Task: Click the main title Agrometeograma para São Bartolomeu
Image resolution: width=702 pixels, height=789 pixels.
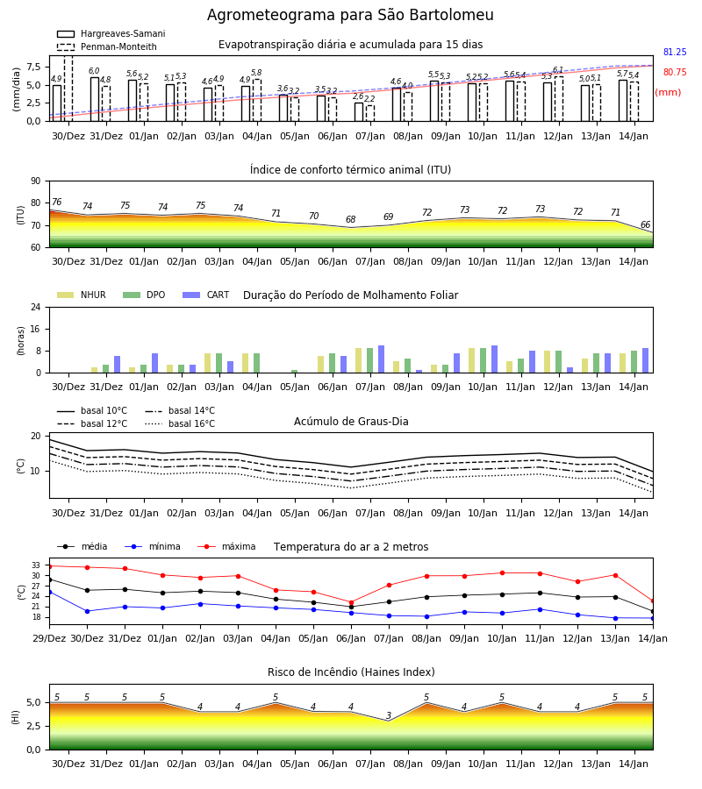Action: [x=350, y=15]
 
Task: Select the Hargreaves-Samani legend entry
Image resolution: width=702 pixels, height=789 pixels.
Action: [x=111, y=33]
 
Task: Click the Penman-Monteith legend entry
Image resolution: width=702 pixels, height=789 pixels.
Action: [x=107, y=46]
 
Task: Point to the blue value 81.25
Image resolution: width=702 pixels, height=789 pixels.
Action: [x=675, y=52]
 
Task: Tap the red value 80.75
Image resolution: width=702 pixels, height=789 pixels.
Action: [x=675, y=72]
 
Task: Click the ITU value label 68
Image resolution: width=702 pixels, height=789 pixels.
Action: [x=350, y=219]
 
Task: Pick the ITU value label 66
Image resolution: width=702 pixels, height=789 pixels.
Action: [x=645, y=224]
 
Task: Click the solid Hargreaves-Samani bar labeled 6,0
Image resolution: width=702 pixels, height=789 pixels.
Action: [x=95, y=99]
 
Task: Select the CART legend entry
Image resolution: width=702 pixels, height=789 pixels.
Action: [x=205, y=295]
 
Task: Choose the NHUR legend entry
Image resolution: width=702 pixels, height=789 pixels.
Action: [x=82, y=295]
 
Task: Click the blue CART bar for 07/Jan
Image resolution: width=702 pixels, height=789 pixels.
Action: [x=381, y=359]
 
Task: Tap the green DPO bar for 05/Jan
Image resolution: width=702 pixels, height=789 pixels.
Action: [x=295, y=372]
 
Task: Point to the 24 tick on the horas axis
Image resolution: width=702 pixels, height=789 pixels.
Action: [x=36, y=307]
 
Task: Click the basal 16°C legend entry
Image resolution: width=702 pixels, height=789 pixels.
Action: [x=180, y=423]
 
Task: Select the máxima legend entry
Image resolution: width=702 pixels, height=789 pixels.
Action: [x=226, y=546]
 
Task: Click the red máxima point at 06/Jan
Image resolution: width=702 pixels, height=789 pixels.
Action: [x=352, y=602]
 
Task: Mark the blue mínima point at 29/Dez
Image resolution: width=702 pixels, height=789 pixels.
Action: [x=49, y=592]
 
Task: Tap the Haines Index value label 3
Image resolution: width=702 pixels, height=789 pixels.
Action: [x=389, y=715]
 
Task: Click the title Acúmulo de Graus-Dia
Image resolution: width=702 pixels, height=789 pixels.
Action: [x=351, y=421]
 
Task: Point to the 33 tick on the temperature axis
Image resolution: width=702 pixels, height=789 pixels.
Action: [x=36, y=565]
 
